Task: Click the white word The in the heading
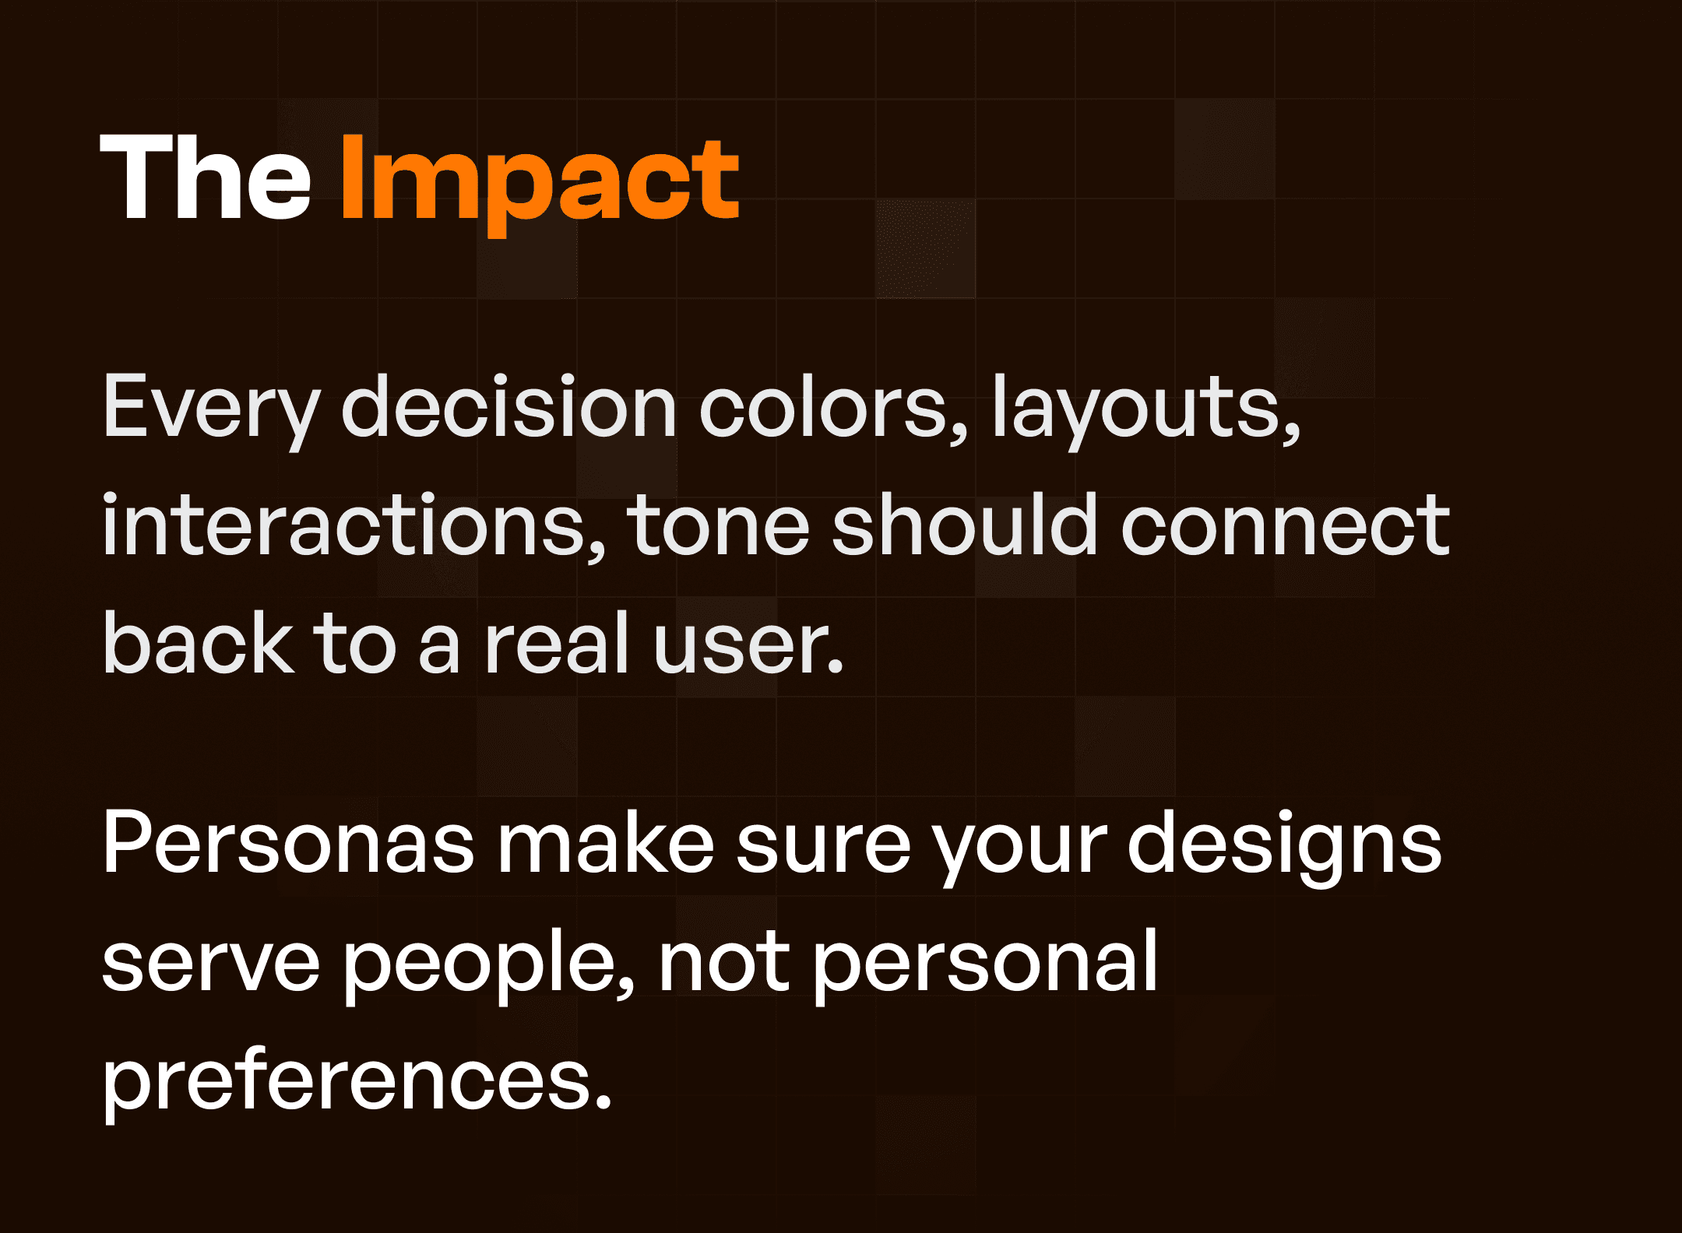(206, 179)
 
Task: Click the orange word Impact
(539, 181)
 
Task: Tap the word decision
(508, 407)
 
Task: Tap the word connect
(1285, 528)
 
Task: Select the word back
(199, 645)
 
